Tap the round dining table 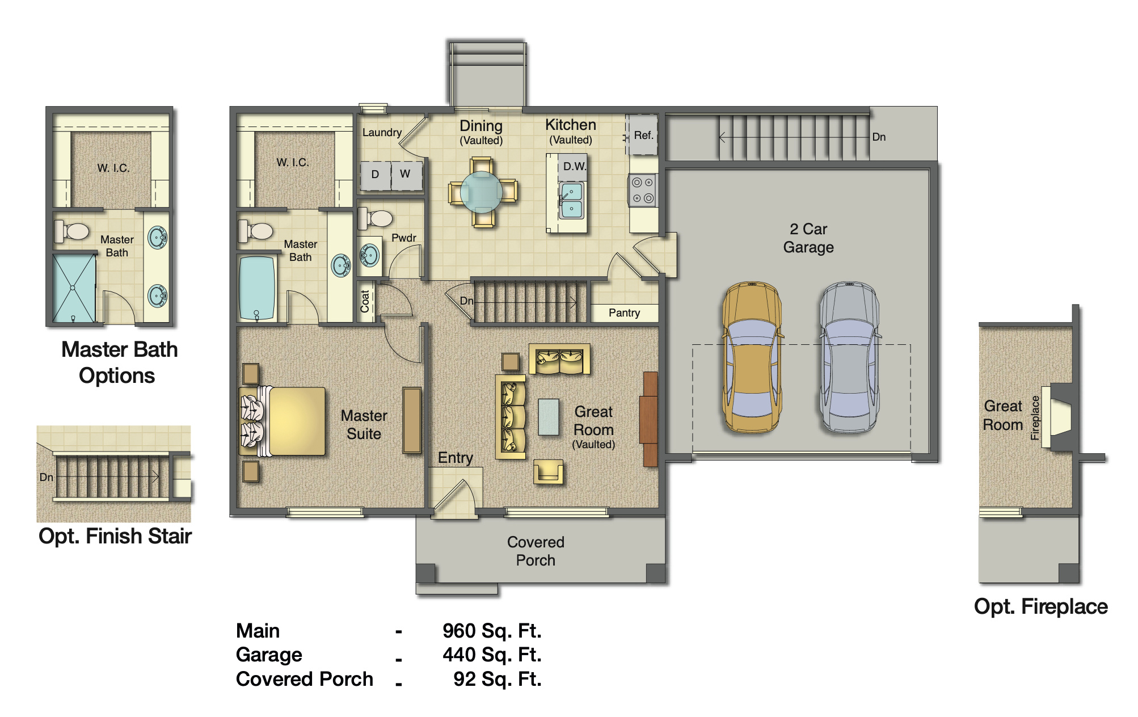tap(481, 192)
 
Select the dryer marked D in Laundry tap(375, 175)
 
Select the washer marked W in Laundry tap(406, 174)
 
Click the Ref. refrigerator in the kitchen tap(643, 136)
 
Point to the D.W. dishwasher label tap(574, 167)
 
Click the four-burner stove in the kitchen tap(643, 190)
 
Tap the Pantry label tap(624, 313)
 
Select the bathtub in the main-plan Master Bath tap(256, 288)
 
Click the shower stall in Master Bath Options tap(74, 288)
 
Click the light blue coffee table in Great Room tap(548, 416)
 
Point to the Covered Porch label tap(536, 551)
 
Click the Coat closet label tap(365, 302)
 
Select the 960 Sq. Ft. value tap(492, 631)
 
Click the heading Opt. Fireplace tap(1040, 606)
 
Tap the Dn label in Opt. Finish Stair tap(46, 477)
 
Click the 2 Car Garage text tap(808, 238)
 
